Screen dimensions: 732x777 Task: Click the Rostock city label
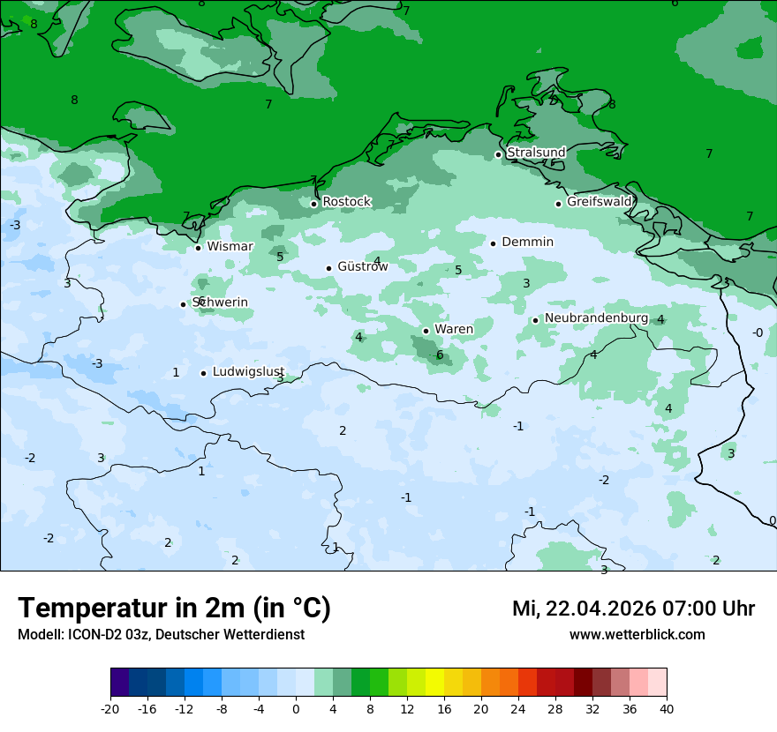346,202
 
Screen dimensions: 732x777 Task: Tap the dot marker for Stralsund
498,154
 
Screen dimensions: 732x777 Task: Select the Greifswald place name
600,202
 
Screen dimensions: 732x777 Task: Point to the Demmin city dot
493,243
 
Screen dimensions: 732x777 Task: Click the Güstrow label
362,266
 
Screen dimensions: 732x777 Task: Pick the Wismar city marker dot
198,248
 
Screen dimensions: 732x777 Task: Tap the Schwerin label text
220,303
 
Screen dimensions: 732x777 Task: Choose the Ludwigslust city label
247,372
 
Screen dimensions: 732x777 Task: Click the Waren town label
453,329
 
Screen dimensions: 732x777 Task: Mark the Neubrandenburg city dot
535,320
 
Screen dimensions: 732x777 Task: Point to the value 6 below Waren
440,355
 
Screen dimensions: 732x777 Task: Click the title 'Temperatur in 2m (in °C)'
174,609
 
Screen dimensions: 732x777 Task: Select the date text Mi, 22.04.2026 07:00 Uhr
633,609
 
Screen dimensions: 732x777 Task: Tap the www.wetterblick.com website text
637,634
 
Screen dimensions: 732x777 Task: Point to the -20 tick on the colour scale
110,708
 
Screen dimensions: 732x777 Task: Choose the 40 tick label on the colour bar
666,708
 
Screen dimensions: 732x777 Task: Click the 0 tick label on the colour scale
296,708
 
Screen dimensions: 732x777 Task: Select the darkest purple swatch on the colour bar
120,683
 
